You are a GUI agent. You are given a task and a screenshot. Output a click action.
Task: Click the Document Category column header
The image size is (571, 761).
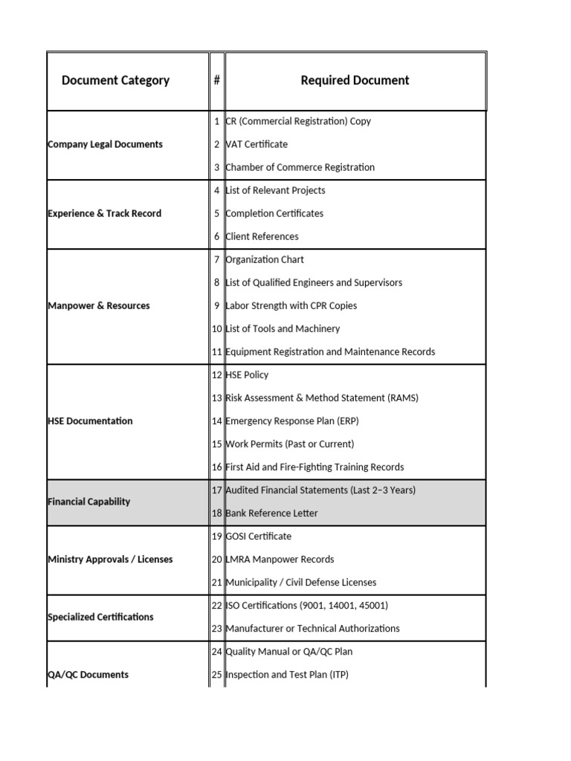(x=115, y=80)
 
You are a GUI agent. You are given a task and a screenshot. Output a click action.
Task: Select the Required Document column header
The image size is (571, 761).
(x=355, y=80)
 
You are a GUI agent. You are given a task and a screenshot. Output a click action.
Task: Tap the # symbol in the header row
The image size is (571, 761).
(x=216, y=80)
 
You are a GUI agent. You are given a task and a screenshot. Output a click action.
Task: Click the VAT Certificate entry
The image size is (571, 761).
(x=257, y=144)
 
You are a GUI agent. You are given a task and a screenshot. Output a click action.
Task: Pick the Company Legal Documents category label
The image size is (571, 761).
(x=105, y=144)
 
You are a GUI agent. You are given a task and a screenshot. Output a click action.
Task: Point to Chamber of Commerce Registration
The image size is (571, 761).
(x=300, y=167)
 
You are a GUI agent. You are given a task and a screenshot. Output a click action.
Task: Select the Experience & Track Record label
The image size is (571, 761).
(x=104, y=213)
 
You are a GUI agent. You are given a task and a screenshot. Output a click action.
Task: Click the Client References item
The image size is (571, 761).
(x=262, y=236)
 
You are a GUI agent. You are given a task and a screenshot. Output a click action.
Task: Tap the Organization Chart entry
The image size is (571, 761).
(x=265, y=259)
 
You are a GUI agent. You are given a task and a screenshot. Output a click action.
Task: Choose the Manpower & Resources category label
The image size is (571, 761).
(x=98, y=305)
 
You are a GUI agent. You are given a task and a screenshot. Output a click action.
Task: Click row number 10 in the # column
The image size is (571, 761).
(x=217, y=328)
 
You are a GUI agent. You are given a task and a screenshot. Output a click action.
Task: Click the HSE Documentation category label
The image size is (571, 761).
(x=90, y=421)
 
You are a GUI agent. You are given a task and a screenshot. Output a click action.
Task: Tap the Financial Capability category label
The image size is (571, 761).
(x=88, y=502)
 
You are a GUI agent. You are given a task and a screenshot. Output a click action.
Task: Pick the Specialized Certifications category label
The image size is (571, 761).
(x=100, y=617)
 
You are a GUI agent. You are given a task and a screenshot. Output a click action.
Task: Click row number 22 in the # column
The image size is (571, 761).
(x=217, y=605)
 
